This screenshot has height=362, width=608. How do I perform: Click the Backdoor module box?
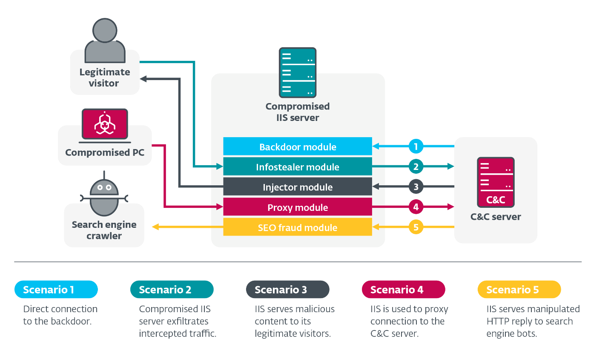pyautogui.click(x=298, y=147)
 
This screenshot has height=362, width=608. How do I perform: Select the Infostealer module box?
pyautogui.click(x=298, y=167)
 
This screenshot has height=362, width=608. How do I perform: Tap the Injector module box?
pyautogui.click(x=298, y=187)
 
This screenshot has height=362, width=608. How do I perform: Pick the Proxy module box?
pyautogui.click(x=298, y=207)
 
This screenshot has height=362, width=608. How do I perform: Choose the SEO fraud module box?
pyautogui.click(x=298, y=227)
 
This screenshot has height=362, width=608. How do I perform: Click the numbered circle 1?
pyautogui.click(x=416, y=147)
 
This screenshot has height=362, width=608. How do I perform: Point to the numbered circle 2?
pyautogui.click(x=416, y=167)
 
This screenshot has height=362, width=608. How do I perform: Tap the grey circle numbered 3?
pyautogui.click(x=416, y=187)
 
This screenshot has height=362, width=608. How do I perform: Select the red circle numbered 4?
pyautogui.click(x=416, y=207)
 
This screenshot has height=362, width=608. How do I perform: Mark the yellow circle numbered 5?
pyautogui.click(x=416, y=227)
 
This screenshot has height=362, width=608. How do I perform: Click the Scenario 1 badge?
pyautogui.click(x=56, y=290)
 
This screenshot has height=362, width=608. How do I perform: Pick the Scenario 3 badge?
pyautogui.click(x=288, y=290)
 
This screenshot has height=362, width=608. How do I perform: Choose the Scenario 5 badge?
pyautogui.click(x=519, y=290)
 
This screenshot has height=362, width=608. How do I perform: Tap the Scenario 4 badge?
pyautogui.click(x=404, y=290)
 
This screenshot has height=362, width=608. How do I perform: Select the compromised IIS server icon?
pyautogui.click(x=298, y=72)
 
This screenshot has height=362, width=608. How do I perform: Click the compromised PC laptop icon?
pyautogui.click(x=105, y=124)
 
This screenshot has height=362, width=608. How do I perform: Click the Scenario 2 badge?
pyautogui.click(x=172, y=290)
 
